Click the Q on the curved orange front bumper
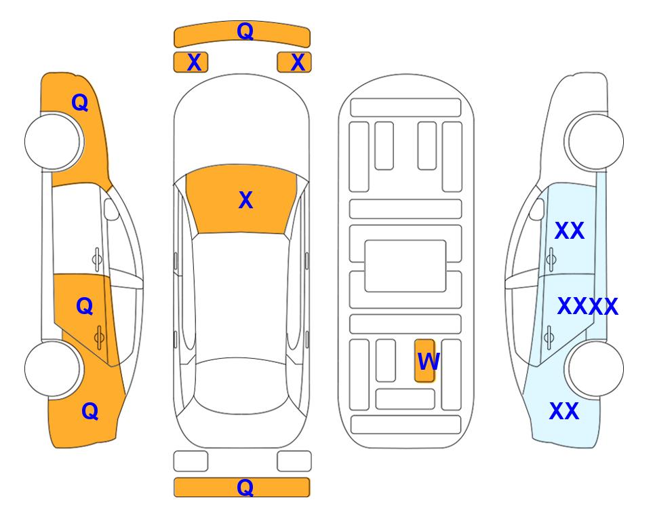[x=245, y=31]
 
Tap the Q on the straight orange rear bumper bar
[x=245, y=487]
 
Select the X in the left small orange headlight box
[x=194, y=62]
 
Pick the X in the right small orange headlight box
[x=298, y=62]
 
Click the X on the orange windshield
[x=245, y=200]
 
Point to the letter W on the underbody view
[x=428, y=362]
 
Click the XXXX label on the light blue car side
[x=588, y=307]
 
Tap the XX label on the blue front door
[x=570, y=231]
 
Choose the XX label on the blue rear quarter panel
[x=564, y=411]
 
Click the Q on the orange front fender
[x=80, y=102]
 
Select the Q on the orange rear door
[x=85, y=307]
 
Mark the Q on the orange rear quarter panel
[x=90, y=411]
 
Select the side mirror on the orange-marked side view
[x=111, y=209]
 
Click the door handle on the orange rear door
[x=99, y=337]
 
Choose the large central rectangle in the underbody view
[x=405, y=266]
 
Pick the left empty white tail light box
[x=191, y=461]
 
